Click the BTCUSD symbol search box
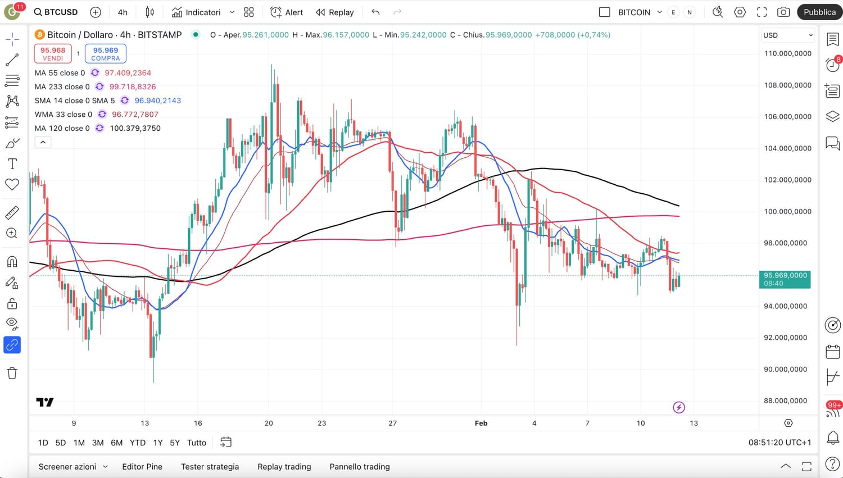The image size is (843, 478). click(56, 12)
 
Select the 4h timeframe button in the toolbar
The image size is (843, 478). click(123, 12)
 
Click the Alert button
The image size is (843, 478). click(287, 12)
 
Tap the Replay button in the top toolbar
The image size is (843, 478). click(335, 12)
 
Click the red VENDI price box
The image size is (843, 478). click(53, 53)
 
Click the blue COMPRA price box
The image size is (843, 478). click(106, 53)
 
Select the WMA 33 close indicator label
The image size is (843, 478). click(64, 114)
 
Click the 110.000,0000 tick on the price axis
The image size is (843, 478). click(787, 53)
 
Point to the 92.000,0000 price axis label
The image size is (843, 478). click(787, 338)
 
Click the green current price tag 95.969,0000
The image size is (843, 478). click(785, 279)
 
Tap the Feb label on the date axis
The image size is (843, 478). click(481, 423)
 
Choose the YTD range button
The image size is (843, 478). click(137, 443)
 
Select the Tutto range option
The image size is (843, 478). click(197, 443)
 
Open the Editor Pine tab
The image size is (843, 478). click(142, 466)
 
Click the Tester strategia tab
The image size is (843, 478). click(210, 466)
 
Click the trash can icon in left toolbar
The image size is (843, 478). click(12, 373)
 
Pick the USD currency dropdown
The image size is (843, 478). click(787, 35)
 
